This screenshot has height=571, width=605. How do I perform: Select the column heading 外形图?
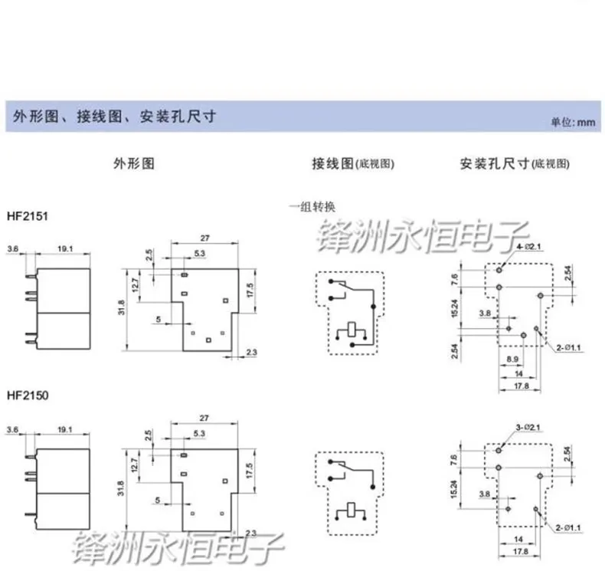[x=134, y=164]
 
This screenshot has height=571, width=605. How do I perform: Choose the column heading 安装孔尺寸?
[x=495, y=164]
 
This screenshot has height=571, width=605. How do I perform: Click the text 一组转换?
[x=313, y=206]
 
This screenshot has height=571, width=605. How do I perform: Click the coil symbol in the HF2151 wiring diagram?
[x=352, y=331]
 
